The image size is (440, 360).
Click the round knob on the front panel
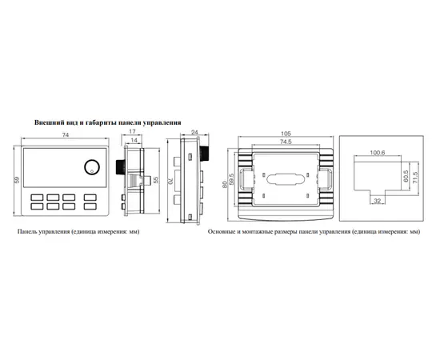[92, 167]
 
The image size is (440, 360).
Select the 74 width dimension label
[66, 135]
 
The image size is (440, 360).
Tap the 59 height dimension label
[17, 180]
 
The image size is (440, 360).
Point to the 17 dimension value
[132, 131]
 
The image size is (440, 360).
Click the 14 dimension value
[134, 140]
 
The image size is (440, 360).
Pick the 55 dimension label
[156, 180]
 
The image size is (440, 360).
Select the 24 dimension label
[194, 132]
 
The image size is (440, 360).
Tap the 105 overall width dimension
[286, 134]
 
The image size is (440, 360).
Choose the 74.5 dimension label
[286, 142]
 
